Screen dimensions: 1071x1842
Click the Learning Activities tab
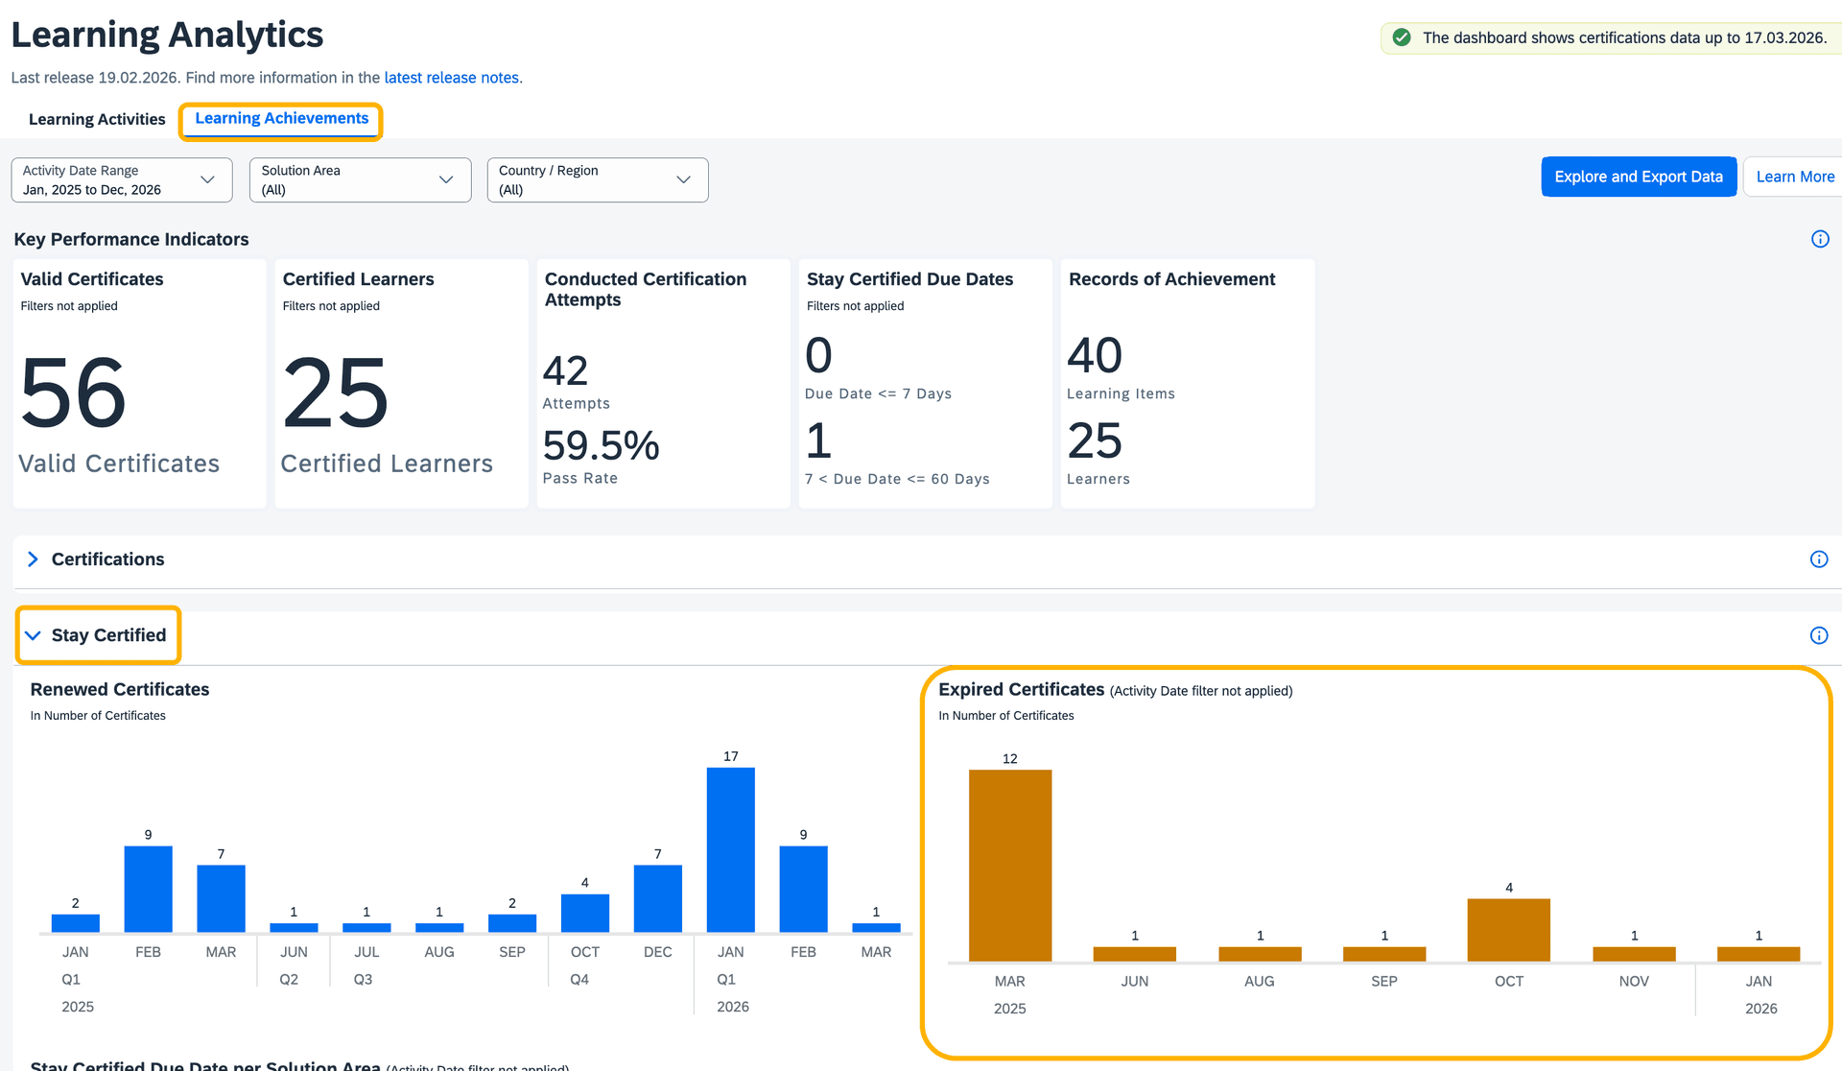click(97, 119)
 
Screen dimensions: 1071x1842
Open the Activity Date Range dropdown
click(122, 180)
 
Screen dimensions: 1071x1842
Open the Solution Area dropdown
click(360, 180)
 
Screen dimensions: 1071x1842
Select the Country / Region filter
click(597, 180)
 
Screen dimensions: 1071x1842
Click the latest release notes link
click(451, 78)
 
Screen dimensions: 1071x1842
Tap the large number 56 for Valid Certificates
click(73, 393)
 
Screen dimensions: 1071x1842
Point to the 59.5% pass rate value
click(601, 445)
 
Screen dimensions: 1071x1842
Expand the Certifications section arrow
click(33, 559)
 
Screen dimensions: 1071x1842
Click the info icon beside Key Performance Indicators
click(1819, 239)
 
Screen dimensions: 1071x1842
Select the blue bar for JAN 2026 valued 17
click(730, 849)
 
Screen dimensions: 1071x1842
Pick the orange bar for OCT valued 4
click(1508, 929)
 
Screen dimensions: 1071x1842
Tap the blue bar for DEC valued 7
click(657, 898)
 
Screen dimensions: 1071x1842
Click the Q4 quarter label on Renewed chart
click(579, 980)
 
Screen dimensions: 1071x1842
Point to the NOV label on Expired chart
click(1633, 981)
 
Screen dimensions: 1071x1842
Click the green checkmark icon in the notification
click(1402, 37)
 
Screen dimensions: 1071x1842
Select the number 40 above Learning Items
click(1094, 356)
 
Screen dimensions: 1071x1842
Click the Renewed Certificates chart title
click(120, 689)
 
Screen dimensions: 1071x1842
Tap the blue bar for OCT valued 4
click(584, 913)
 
